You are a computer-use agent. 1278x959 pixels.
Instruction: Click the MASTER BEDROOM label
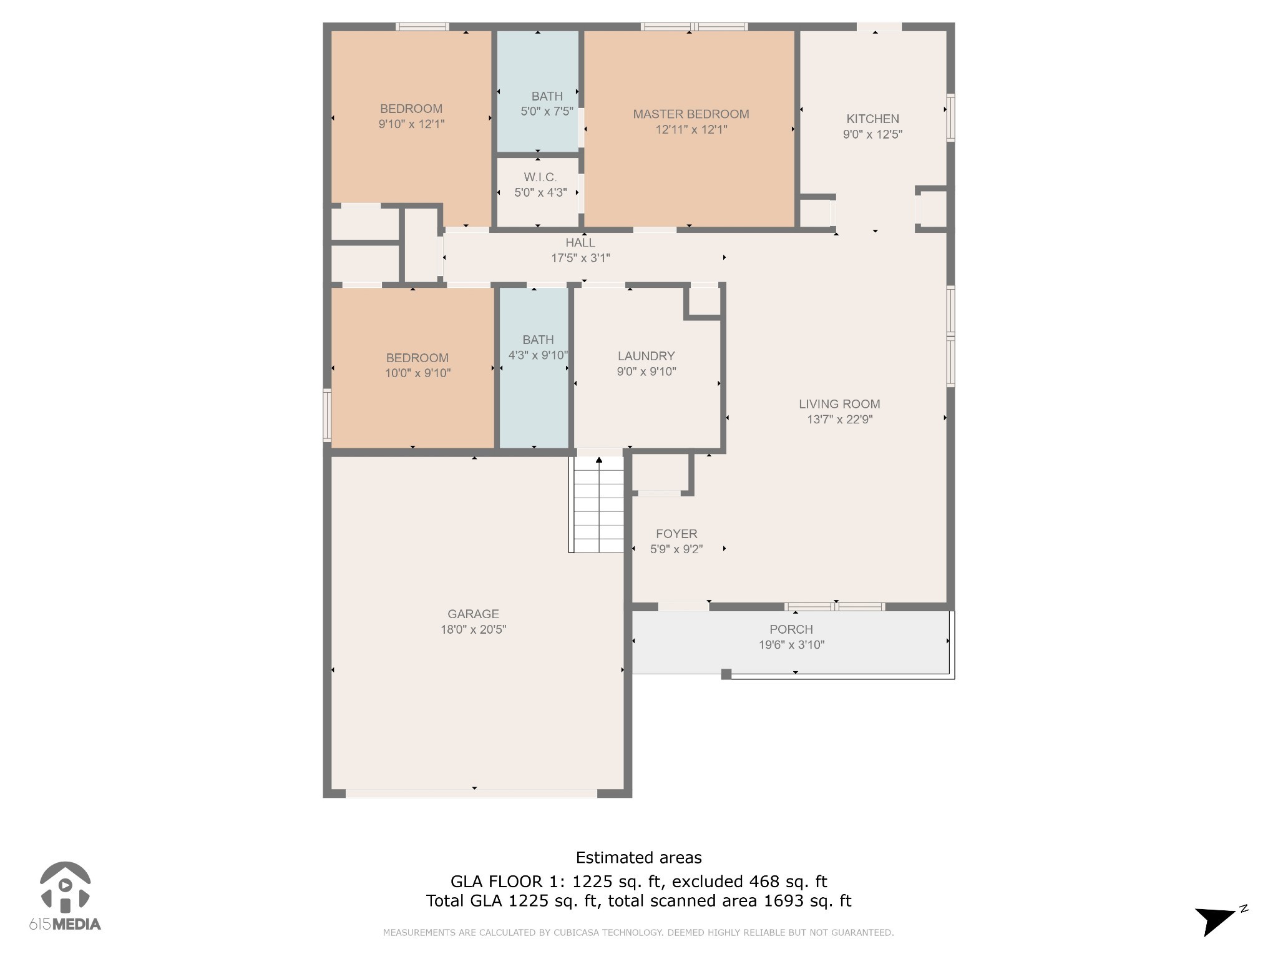[x=691, y=114]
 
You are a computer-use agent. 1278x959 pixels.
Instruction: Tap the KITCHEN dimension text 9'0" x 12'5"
[x=872, y=134]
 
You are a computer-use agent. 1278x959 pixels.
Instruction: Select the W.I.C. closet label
[x=540, y=177]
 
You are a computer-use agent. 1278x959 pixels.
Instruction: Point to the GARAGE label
[x=473, y=614]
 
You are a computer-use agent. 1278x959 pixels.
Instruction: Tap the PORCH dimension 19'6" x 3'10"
[x=791, y=645]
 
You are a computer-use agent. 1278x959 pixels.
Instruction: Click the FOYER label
[x=676, y=534]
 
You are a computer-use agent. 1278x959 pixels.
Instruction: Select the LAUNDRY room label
[x=646, y=356]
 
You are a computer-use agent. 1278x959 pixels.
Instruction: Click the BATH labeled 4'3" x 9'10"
[x=538, y=340]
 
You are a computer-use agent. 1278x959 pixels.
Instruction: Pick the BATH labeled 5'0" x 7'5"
[x=547, y=96]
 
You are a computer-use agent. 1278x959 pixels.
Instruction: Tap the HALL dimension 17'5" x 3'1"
[x=580, y=258]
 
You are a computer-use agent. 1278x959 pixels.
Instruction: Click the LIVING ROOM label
[x=839, y=404]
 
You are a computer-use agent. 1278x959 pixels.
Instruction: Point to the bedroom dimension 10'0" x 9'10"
[x=417, y=373]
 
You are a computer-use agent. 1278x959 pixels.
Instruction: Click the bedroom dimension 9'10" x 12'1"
[x=411, y=124]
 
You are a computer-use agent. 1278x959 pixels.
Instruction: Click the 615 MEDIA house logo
[x=65, y=887]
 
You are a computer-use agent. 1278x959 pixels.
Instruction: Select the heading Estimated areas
[x=638, y=858]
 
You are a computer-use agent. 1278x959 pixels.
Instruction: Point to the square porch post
[x=726, y=674]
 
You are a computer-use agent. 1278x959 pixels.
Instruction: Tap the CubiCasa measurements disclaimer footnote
[x=638, y=933]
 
